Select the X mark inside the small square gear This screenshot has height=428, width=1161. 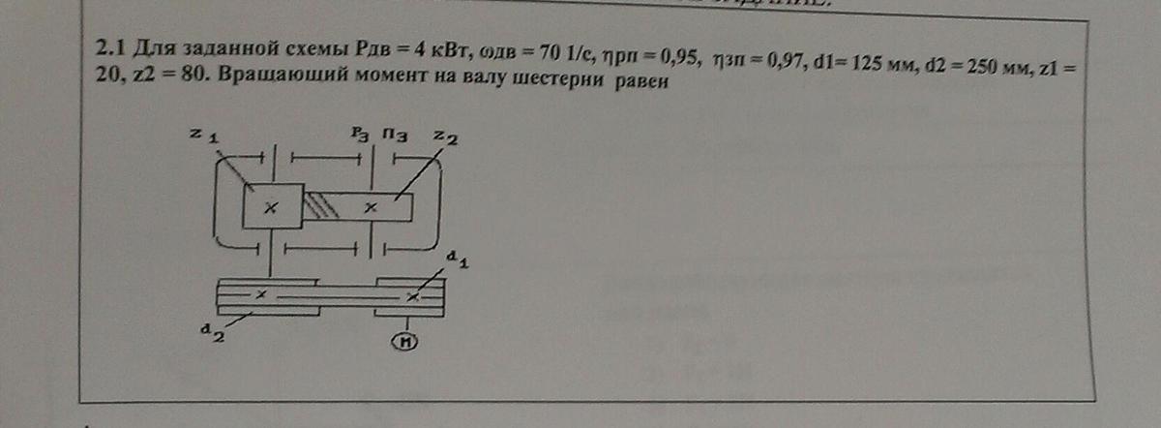[x=272, y=206]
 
